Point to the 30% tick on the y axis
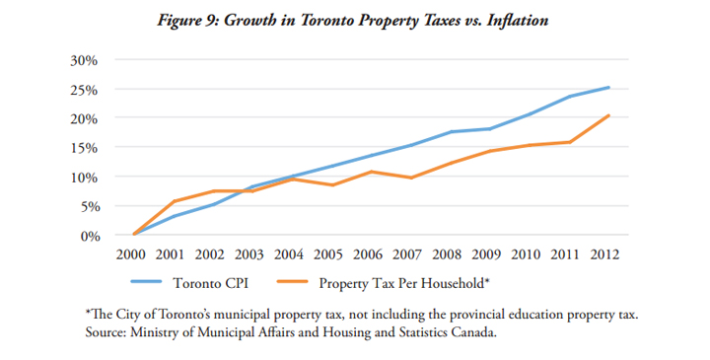pos(83,59)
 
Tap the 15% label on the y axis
pos(83,148)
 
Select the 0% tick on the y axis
pos(87,236)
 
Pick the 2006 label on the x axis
pos(370,255)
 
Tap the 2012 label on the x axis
pos(604,255)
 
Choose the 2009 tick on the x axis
pos(487,255)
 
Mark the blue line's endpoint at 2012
pos(608,88)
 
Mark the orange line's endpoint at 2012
pos(608,115)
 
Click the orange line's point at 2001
pos(175,201)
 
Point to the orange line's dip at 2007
pos(409,178)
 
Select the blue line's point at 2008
pos(451,132)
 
